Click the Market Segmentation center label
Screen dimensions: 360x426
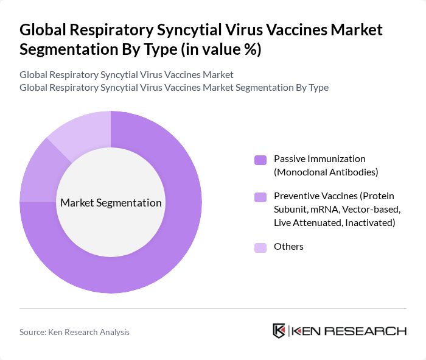click(x=111, y=203)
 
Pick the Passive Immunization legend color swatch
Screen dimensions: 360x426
click(x=260, y=160)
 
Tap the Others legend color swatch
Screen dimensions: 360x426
click(x=260, y=247)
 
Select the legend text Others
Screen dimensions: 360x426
click(x=288, y=247)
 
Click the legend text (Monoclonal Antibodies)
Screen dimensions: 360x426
click(x=326, y=172)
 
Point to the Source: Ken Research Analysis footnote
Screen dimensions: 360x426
click(x=74, y=332)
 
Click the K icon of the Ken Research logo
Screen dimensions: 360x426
click(x=279, y=331)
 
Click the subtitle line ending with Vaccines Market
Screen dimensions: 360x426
click(x=127, y=75)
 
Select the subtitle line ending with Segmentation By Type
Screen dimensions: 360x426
click(x=174, y=87)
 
